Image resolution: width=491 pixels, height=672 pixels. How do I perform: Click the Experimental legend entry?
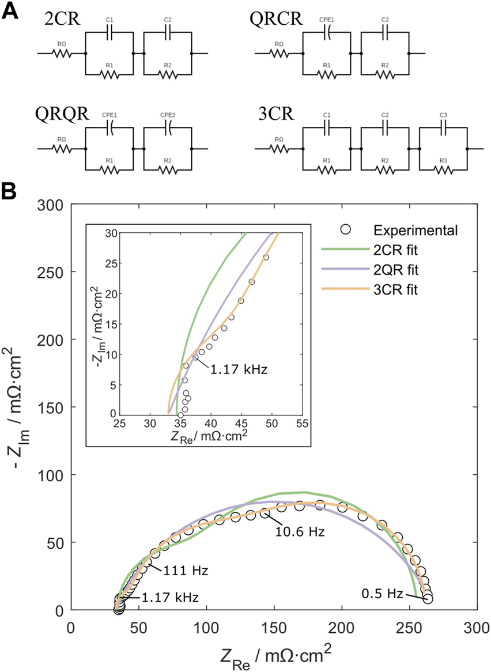[x=415, y=231]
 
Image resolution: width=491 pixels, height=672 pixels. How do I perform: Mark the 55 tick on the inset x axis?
[x=301, y=425]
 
